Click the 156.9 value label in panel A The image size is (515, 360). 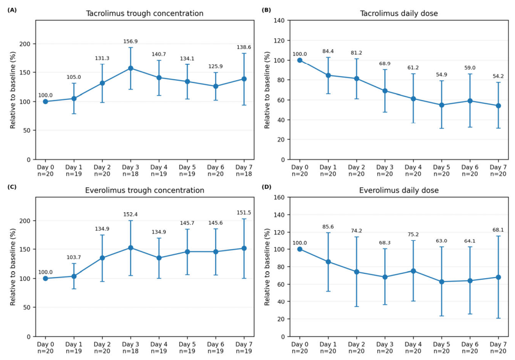point(130,41)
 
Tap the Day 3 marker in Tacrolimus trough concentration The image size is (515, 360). point(130,69)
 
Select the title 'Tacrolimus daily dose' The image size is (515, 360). point(399,13)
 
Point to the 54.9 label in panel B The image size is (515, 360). point(442,74)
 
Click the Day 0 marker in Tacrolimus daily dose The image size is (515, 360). point(300,60)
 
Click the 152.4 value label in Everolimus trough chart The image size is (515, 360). point(130,214)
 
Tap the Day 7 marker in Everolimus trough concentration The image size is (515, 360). point(244,248)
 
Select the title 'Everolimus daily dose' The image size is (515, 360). point(399,190)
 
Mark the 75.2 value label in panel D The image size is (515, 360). point(413,235)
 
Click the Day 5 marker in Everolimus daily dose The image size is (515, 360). point(442,282)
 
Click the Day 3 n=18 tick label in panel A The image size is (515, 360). point(130,171)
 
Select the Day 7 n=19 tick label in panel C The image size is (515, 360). point(244,348)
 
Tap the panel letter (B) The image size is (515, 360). point(266,10)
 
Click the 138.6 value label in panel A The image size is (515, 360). point(244,47)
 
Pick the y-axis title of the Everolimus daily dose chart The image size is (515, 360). point(267,266)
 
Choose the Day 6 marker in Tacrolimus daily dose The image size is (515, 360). point(470,101)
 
